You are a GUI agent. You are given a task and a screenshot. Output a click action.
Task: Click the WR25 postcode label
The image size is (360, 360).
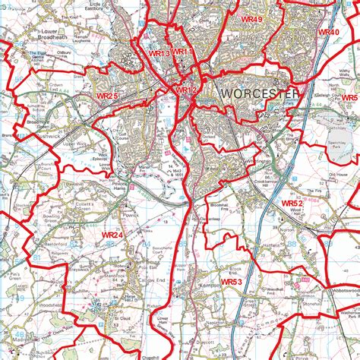(x=107, y=96)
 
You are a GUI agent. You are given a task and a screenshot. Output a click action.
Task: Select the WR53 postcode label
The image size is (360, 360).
(x=231, y=282)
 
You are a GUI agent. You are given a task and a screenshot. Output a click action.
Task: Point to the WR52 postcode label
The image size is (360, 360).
(x=292, y=204)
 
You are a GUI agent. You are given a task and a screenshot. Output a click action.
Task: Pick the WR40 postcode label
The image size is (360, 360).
(x=328, y=32)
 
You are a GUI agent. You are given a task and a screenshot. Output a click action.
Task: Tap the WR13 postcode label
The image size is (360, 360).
(x=159, y=53)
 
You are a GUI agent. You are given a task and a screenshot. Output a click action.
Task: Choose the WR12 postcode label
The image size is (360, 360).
(x=186, y=90)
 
